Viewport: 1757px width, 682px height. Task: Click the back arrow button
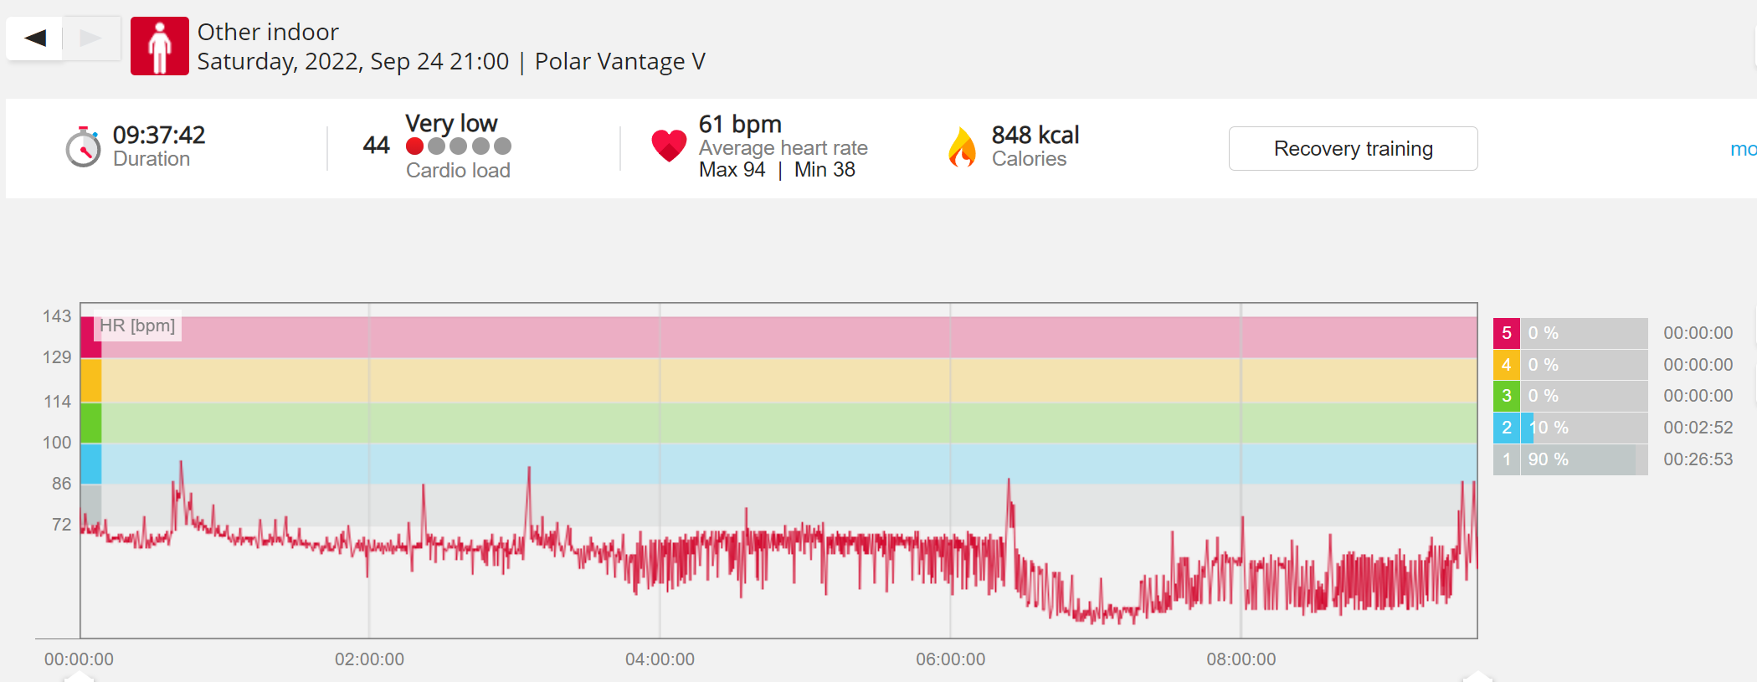point(34,38)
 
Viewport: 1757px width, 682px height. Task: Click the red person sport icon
point(160,46)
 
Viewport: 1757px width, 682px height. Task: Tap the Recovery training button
point(1353,149)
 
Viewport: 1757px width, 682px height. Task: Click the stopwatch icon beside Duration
point(84,147)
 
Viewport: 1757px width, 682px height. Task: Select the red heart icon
point(669,146)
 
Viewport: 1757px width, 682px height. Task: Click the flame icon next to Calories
point(963,147)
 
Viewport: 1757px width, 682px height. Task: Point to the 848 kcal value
point(1035,135)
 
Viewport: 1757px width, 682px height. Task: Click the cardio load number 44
point(377,146)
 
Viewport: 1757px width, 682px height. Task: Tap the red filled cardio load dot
point(414,146)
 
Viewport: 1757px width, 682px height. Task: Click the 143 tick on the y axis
point(57,316)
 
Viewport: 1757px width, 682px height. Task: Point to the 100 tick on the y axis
point(57,443)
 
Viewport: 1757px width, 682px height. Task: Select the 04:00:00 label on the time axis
point(660,659)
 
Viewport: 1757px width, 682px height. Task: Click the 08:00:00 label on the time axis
point(1241,659)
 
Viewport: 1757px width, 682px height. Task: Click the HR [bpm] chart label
point(137,326)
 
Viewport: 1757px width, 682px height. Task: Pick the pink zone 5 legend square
point(1507,333)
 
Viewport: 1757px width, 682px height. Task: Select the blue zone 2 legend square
point(1507,428)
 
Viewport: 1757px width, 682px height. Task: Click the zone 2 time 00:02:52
point(1698,428)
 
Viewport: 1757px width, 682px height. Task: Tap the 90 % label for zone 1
point(1549,459)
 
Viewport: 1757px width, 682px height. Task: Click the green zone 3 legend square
point(1507,396)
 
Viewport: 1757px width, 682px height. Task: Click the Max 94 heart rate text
point(732,170)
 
